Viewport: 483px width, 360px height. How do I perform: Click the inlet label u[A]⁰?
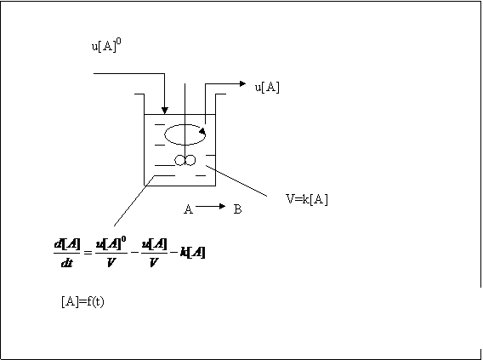click(x=106, y=46)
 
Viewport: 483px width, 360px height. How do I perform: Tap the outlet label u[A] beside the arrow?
click(x=267, y=88)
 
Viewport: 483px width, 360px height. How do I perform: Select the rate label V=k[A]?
click(x=307, y=199)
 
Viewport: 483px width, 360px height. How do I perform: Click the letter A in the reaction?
click(x=188, y=209)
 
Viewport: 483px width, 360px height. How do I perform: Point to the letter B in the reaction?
click(x=237, y=209)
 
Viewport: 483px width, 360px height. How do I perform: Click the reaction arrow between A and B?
click(x=211, y=206)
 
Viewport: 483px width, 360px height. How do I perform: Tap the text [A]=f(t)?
click(x=82, y=301)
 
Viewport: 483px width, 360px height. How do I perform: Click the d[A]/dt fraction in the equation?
click(x=67, y=253)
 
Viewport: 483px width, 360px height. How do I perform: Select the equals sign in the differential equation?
click(x=88, y=253)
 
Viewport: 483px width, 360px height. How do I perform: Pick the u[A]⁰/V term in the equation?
click(x=111, y=252)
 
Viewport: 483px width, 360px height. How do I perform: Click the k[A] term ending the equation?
click(x=193, y=253)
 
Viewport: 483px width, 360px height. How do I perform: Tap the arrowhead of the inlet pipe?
click(x=165, y=111)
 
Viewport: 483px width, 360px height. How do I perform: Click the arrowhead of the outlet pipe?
click(x=242, y=83)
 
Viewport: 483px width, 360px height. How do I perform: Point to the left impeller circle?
click(x=180, y=161)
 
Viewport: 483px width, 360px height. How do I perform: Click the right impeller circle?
click(x=190, y=161)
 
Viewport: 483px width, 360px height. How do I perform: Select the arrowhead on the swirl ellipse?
click(x=202, y=132)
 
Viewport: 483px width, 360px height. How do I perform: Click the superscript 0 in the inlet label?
click(x=119, y=42)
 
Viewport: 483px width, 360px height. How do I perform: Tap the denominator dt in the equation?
click(x=67, y=263)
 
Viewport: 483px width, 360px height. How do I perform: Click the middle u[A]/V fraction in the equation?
click(x=154, y=253)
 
